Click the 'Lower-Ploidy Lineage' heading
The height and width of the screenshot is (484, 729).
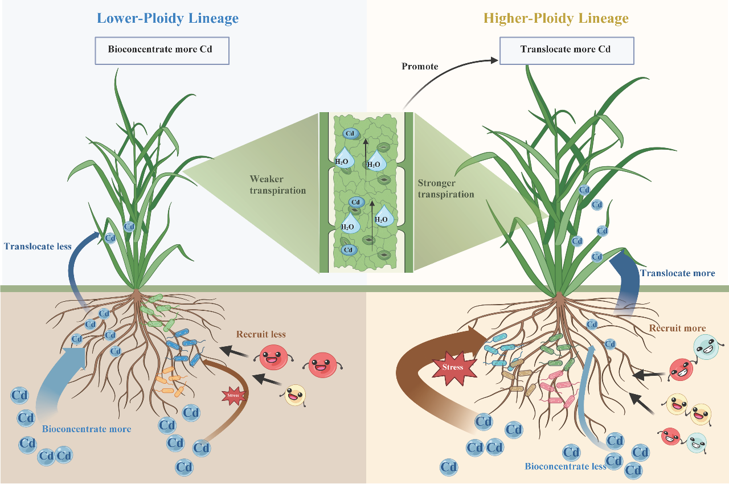(x=167, y=18)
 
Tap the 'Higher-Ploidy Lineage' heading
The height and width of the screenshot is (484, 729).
(x=555, y=18)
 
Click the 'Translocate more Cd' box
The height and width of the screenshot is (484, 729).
(x=566, y=50)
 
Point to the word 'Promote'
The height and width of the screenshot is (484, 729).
(x=420, y=67)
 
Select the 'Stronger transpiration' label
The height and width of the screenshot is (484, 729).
(x=446, y=188)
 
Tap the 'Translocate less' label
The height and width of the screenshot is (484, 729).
(x=38, y=247)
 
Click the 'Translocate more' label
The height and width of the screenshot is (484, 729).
(x=677, y=273)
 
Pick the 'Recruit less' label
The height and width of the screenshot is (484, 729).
(x=261, y=334)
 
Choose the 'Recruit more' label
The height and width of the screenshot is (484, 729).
(x=677, y=328)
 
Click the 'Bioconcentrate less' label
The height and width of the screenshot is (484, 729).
(x=566, y=467)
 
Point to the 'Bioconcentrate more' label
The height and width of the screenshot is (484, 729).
(x=87, y=429)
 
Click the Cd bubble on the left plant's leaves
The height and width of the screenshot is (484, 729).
(x=129, y=226)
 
